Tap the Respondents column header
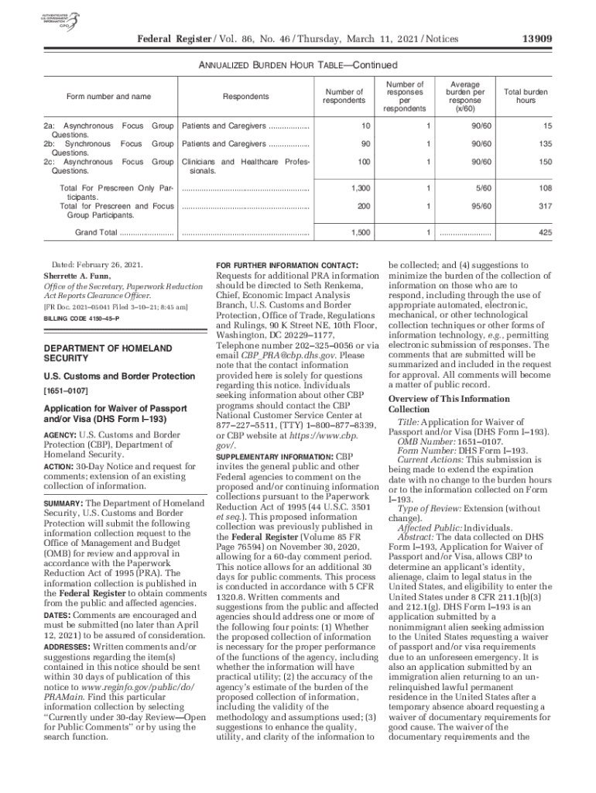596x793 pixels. [x=246, y=97]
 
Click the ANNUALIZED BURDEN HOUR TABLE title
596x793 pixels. [x=298, y=65]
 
